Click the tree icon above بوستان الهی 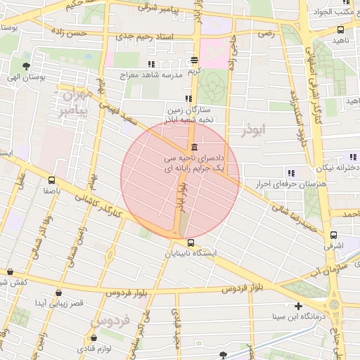click(27, 67)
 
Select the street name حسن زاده click(84, 32)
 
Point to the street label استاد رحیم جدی click(145, 34)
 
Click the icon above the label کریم click(195, 60)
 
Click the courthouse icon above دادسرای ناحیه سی click(193, 147)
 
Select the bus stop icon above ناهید click(341, 30)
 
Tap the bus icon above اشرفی click(333, 236)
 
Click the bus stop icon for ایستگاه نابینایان click(172, 243)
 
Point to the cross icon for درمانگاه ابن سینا click(299, 306)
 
